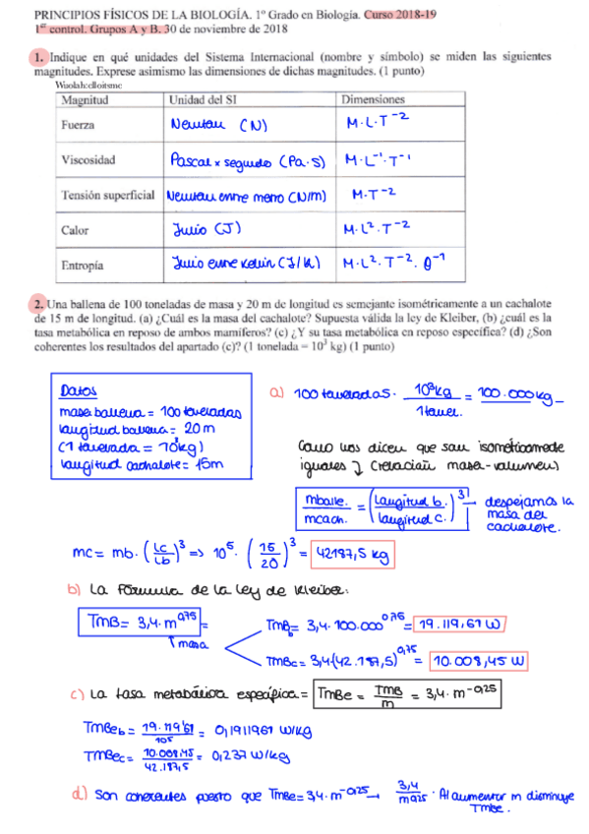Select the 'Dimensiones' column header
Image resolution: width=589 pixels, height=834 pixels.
point(373,100)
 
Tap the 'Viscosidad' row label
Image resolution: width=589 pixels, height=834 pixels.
point(88,159)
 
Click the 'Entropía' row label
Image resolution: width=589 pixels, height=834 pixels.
point(83,264)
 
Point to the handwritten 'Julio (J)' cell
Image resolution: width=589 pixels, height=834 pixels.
point(201,230)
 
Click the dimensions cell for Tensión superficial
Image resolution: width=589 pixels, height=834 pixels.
point(374,195)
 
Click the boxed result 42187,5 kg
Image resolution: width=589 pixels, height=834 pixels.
point(351,557)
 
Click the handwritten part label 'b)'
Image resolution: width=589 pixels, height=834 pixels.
point(74,590)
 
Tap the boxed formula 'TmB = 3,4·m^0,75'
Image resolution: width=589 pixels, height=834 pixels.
point(138,624)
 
